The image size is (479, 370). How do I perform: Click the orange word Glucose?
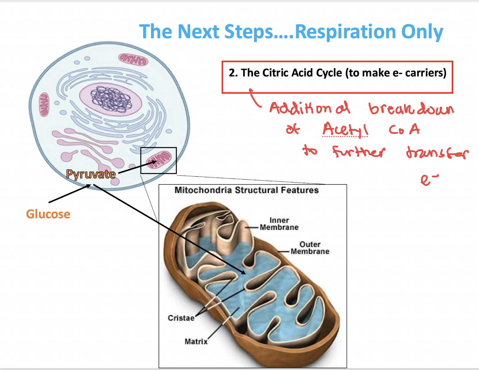coord(48,214)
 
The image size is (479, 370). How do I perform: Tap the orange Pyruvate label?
coord(91,174)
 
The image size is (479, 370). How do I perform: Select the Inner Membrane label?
coord(279,224)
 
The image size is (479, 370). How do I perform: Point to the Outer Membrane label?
coord(310,248)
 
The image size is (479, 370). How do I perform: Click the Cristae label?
coord(181,318)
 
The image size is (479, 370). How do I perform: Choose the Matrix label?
coord(196,341)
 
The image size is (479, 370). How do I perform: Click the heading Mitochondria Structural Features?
coord(246,190)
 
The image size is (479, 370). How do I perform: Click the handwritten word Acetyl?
coord(345,129)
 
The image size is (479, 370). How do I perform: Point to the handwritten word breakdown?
coord(411,109)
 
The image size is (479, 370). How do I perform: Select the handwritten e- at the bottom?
coord(429,180)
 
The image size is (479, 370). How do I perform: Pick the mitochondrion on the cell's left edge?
coord(44,105)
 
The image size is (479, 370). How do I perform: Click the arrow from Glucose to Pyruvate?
coord(69,194)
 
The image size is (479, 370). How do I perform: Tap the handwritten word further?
coord(358,152)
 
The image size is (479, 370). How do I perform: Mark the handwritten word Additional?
coord(310,108)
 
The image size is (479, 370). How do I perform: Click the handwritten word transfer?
coord(437,153)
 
